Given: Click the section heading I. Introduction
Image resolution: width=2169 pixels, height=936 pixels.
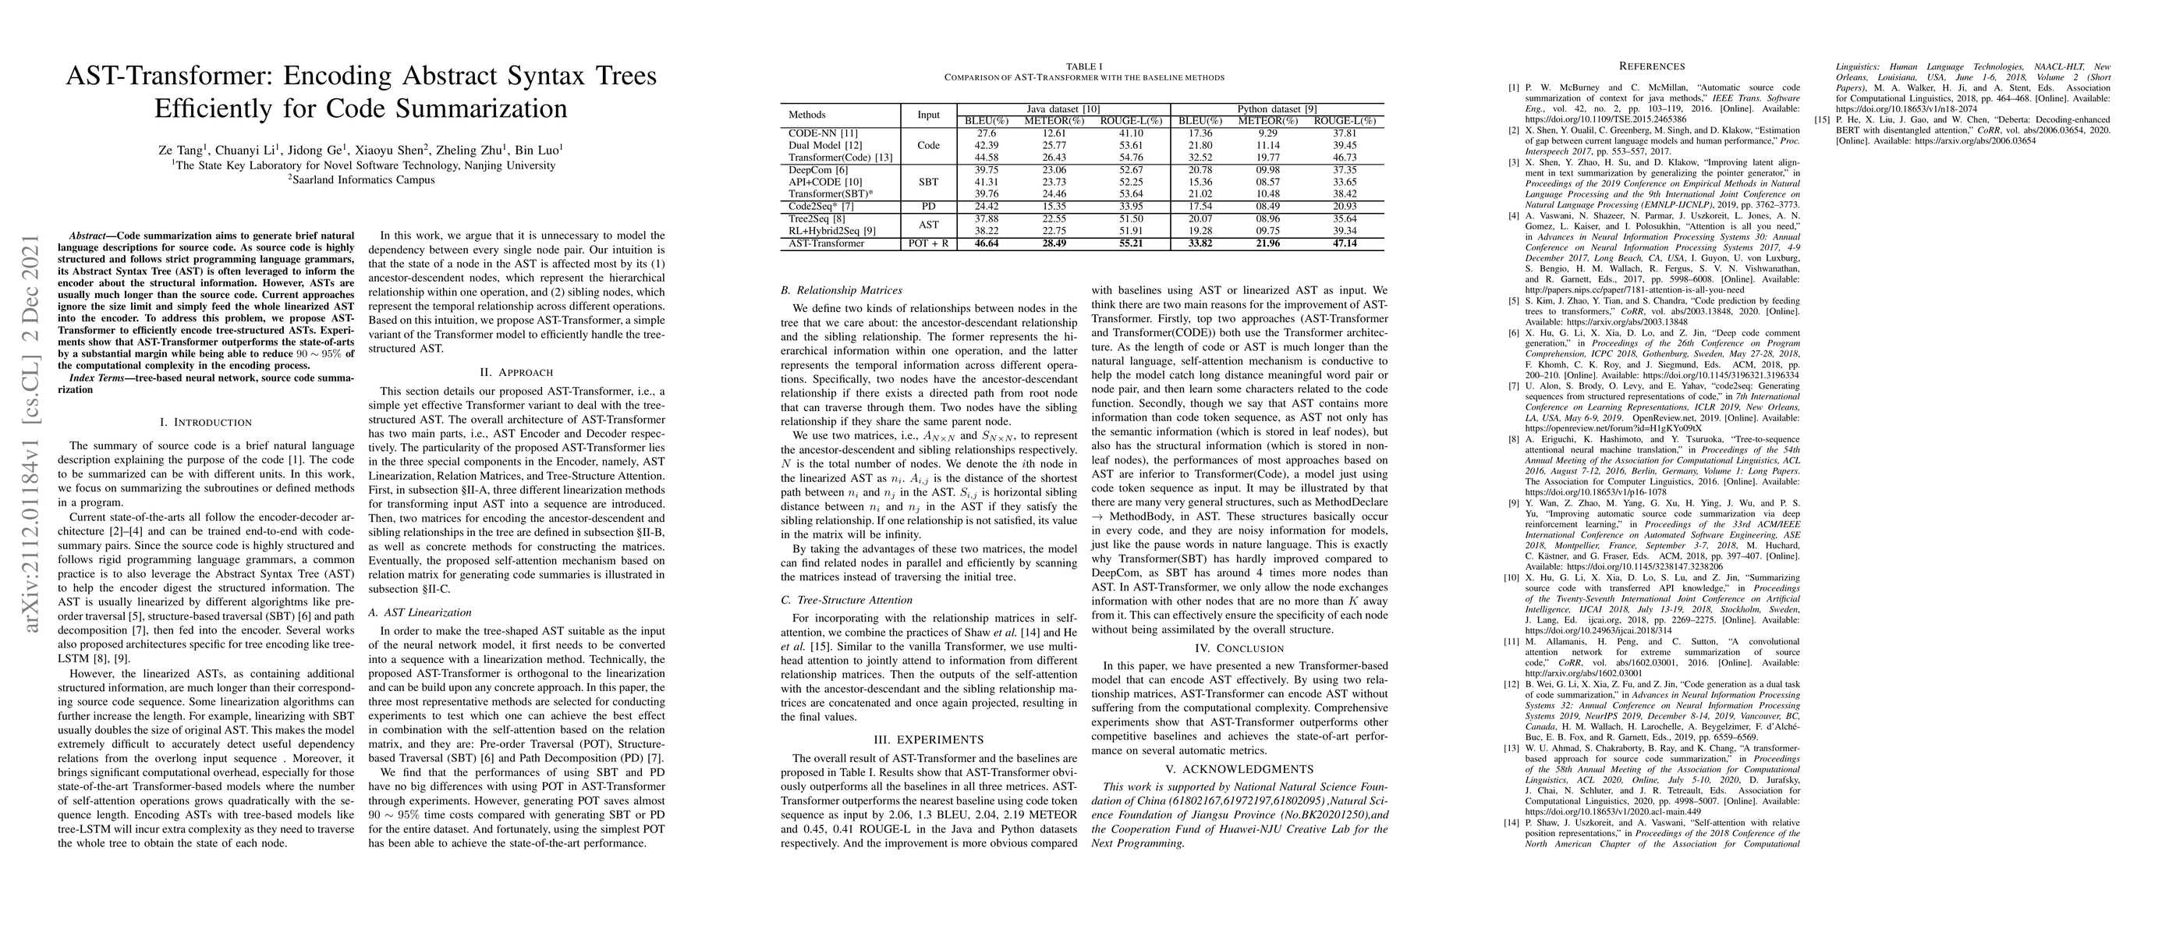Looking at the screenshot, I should point(205,422).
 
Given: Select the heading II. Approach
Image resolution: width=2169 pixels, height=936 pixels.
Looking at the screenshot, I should point(516,372).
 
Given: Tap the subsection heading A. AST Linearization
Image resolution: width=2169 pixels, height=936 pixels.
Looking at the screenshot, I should point(420,612).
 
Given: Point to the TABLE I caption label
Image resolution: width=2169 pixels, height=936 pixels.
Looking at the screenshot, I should point(1083,66).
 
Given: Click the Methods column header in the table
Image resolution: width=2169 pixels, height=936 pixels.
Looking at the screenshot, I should point(806,115).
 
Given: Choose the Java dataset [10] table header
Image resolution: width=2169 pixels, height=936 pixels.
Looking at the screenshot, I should point(1062,109).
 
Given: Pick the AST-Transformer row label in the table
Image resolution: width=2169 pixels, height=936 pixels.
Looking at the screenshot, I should point(826,243).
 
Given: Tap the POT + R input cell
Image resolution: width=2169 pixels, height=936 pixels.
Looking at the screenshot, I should point(928,243).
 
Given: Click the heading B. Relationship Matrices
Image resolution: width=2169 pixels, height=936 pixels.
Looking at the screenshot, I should point(842,290).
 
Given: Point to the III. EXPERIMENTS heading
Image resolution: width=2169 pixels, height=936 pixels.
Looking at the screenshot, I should point(928,740).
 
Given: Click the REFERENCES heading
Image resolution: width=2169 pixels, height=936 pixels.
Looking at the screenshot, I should point(1653,66).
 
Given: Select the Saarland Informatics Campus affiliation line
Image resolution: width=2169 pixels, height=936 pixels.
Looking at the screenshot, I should point(362,179).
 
